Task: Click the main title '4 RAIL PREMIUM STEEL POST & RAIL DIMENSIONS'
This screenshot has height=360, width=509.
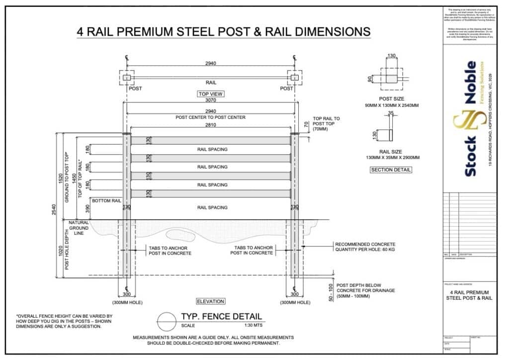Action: pos(224,32)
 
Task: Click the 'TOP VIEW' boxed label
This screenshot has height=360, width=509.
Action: pos(210,93)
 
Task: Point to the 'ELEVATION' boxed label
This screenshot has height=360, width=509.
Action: pos(210,301)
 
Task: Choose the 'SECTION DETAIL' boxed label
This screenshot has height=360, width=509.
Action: pos(391,170)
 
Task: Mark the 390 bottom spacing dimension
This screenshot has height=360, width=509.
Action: pos(88,208)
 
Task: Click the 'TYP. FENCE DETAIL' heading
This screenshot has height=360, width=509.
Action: pos(221,317)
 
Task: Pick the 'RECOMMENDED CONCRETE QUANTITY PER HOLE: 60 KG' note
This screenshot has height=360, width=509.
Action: pos(365,247)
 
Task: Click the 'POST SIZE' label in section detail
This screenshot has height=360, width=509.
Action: pos(391,99)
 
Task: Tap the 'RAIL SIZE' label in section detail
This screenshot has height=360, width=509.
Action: pos(391,152)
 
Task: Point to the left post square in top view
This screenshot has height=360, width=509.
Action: pos(126,78)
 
